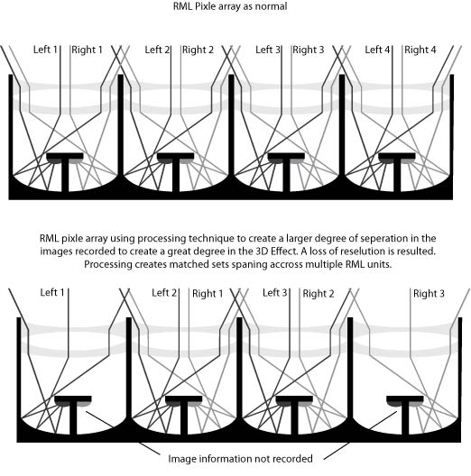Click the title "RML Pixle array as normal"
tap(230, 6)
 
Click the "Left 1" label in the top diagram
tap(45, 50)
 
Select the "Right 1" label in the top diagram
tap(87, 50)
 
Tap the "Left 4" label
tap(377, 50)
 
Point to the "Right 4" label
tap(420, 50)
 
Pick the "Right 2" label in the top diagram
tap(198, 50)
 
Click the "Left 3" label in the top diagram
tap(268, 50)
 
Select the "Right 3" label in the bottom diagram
tap(429, 294)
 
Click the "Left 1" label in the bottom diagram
tap(52, 292)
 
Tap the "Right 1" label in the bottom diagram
tap(208, 294)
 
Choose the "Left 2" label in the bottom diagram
tap(164, 293)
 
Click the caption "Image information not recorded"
tap(240, 458)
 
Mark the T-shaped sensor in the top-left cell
tap(65, 172)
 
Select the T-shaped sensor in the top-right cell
tap(397, 172)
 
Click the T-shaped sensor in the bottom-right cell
tap(405, 415)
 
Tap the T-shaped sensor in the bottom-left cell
tap(73, 415)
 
